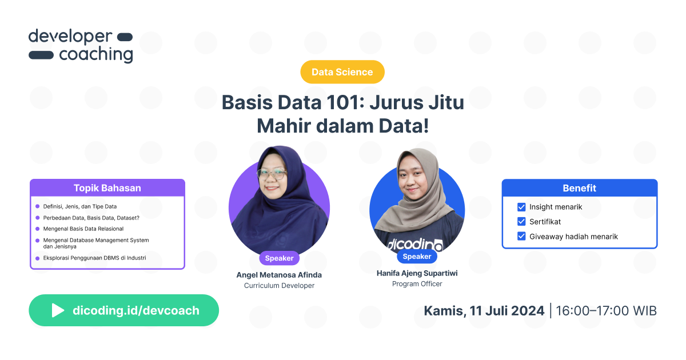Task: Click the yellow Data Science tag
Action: (x=342, y=72)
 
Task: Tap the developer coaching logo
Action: (x=81, y=46)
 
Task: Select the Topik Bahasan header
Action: (x=107, y=188)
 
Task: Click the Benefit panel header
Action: (x=579, y=188)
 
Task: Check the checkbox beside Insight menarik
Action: (x=521, y=207)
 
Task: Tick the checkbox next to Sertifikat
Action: (x=521, y=222)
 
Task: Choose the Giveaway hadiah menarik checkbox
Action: (x=521, y=236)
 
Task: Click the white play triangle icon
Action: (x=58, y=310)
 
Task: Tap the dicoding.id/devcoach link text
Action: (x=136, y=310)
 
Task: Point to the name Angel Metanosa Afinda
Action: (x=279, y=275)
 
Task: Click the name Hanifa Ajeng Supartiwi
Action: (x=417, y=273)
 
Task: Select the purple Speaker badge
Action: (x=279, y=258)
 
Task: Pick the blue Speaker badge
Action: (x=417, y=257)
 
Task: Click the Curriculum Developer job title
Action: (x=279, y=286)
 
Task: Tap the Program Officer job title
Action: (x=417, y=284)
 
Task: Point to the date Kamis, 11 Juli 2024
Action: (x=484, y=311)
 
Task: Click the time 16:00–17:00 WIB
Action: (x=606, y=311)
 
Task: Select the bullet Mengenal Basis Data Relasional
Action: (x=83, y=229)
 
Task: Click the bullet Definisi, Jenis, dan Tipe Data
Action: (x=80, y=206)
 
